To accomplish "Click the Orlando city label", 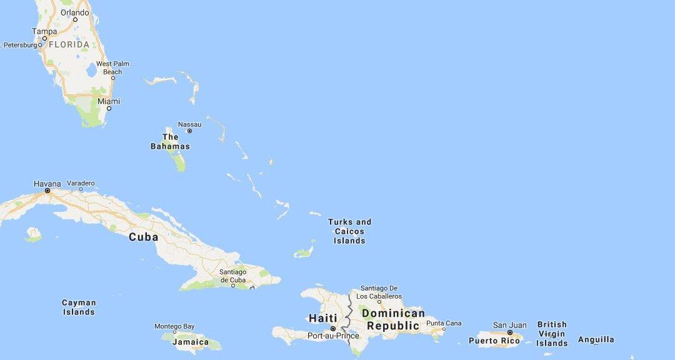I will (75, 12).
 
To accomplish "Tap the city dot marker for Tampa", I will (44, 38).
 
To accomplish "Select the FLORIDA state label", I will (69, 45).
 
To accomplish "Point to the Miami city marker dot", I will (109, 109).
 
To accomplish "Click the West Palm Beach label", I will (112, 67).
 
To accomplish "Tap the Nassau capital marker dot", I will (189, 131).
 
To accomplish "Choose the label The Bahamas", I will (170, 141).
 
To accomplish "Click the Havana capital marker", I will (47, 191).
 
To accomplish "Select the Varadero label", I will (81, 183).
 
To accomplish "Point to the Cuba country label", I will (143, 237).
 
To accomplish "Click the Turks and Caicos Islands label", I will (349, 231).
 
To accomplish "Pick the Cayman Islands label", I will (79, 307).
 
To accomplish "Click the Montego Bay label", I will (174, 326).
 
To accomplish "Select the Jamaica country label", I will (191, 342).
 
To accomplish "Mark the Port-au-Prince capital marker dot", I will (333, 329).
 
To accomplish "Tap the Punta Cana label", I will (444, 322).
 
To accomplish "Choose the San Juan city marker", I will (509, 332).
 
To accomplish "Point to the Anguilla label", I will (596, 339).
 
